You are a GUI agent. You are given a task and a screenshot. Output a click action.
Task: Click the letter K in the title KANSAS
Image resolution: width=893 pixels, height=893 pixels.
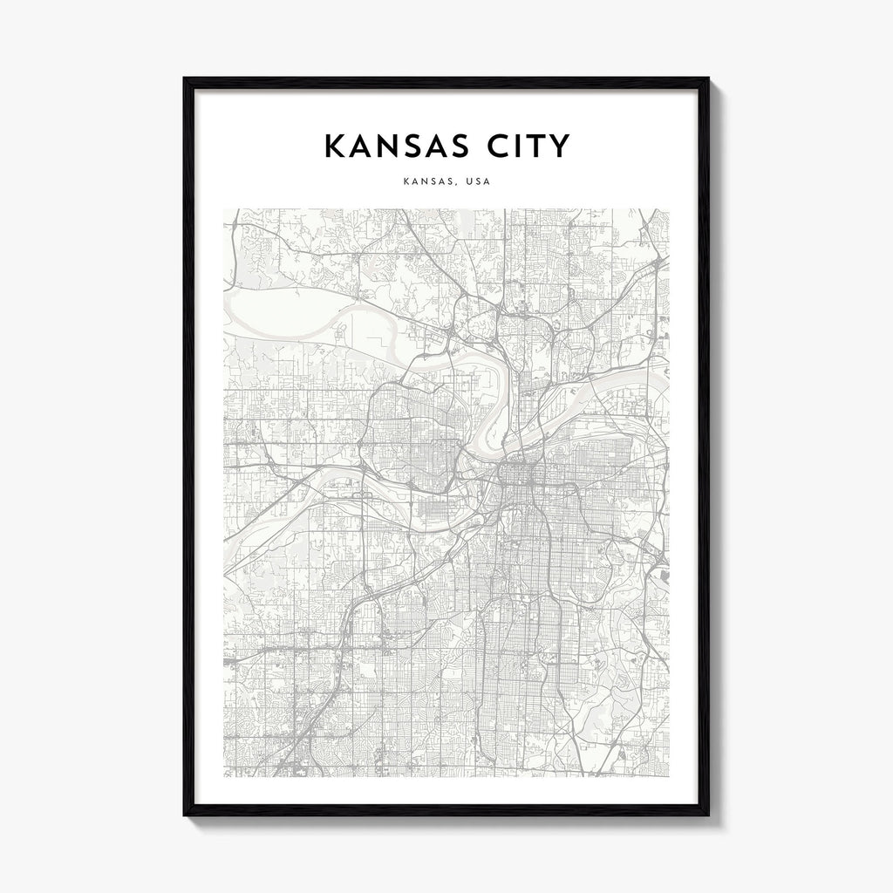click(x=335, y=147)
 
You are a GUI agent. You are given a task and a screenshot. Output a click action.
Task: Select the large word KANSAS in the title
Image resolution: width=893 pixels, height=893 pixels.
click(x=392, y=147)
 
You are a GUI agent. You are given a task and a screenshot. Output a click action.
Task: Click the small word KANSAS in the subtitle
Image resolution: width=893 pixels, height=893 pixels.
click(x=426, y=182)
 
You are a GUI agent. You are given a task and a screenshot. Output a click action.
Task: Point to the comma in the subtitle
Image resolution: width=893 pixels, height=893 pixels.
click(x=456, y=185)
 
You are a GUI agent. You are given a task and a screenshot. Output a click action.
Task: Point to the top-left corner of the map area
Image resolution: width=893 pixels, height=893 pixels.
click(x=224, y=209)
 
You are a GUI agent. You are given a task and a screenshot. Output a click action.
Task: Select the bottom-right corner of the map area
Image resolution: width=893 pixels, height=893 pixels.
click(x=668, y=776)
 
